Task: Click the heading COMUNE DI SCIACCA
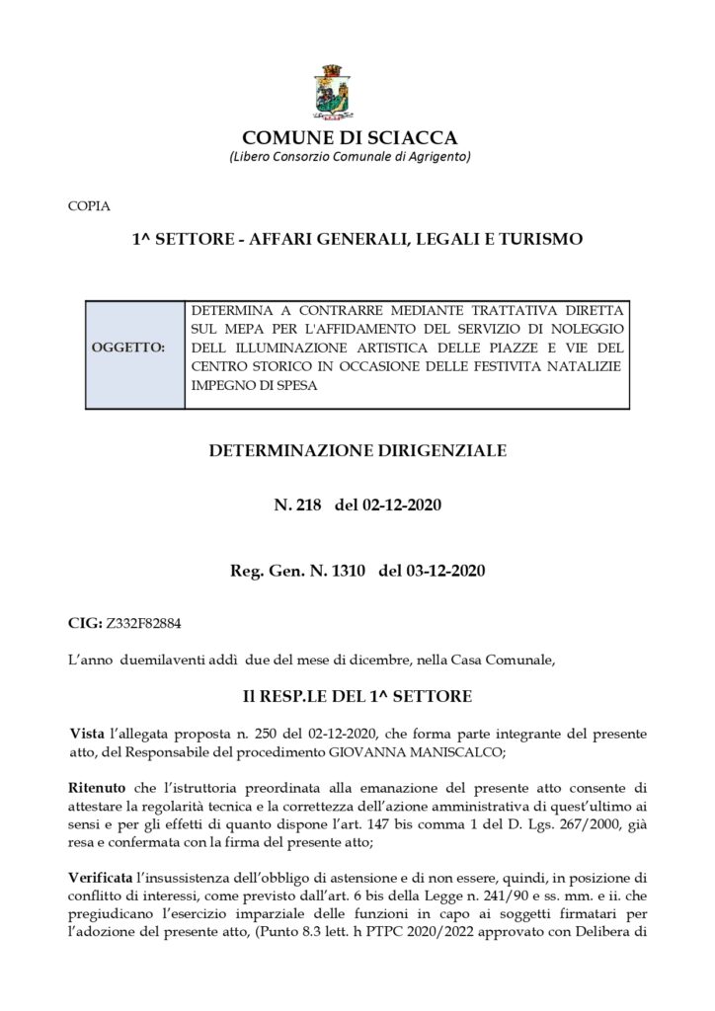[350, 138]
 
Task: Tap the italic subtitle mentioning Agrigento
[350, 158]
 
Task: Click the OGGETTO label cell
[135, 349]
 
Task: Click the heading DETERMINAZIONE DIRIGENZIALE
[357, 451]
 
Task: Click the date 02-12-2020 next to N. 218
[402, 506]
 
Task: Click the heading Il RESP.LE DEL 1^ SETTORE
[357, 696]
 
